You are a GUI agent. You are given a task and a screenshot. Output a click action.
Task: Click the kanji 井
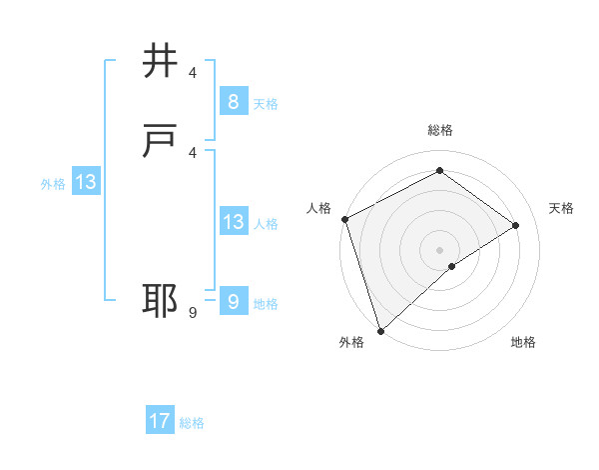(161, 62)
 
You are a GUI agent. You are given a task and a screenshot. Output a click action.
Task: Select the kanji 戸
(161, 141)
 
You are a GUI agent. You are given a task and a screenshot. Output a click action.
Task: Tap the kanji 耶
(161, 301)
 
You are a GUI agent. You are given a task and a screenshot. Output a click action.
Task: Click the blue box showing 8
(233, 102)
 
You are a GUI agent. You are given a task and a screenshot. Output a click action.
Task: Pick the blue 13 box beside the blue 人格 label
(233, 222)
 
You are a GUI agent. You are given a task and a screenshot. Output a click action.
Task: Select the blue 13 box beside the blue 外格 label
(86, 182)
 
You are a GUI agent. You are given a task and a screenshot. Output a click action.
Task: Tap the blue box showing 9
(233, 301)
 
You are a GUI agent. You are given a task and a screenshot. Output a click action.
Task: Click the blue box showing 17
(160, 421)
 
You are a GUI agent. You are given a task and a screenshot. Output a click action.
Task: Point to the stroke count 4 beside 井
(193, 73)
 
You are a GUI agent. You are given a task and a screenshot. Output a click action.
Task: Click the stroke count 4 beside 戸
(193, 153)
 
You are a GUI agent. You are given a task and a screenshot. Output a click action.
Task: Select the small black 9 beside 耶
(193, 313)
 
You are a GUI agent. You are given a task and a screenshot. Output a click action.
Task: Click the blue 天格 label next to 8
(266, 104)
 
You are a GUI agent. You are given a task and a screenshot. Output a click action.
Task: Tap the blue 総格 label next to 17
(192, 423)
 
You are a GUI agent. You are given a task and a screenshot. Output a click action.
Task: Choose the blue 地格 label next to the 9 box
(266, 304)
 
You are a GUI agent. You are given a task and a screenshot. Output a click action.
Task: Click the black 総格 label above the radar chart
(439, 130)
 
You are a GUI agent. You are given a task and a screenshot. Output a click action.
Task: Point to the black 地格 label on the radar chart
(523, 343)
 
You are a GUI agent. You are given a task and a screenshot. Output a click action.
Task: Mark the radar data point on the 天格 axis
(516, 225)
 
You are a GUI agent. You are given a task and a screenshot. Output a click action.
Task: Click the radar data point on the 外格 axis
(379, 330)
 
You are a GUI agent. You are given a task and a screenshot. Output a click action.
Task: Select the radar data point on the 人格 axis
(344, 219)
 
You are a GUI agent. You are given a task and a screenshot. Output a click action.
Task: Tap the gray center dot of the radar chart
(439, 249)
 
